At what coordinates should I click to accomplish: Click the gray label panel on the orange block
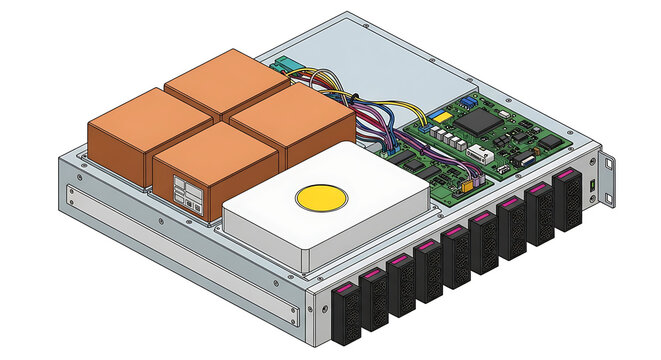pos(187,194)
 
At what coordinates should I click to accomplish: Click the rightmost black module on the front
pos(567,200)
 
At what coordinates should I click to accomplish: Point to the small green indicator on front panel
pos(593,188)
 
